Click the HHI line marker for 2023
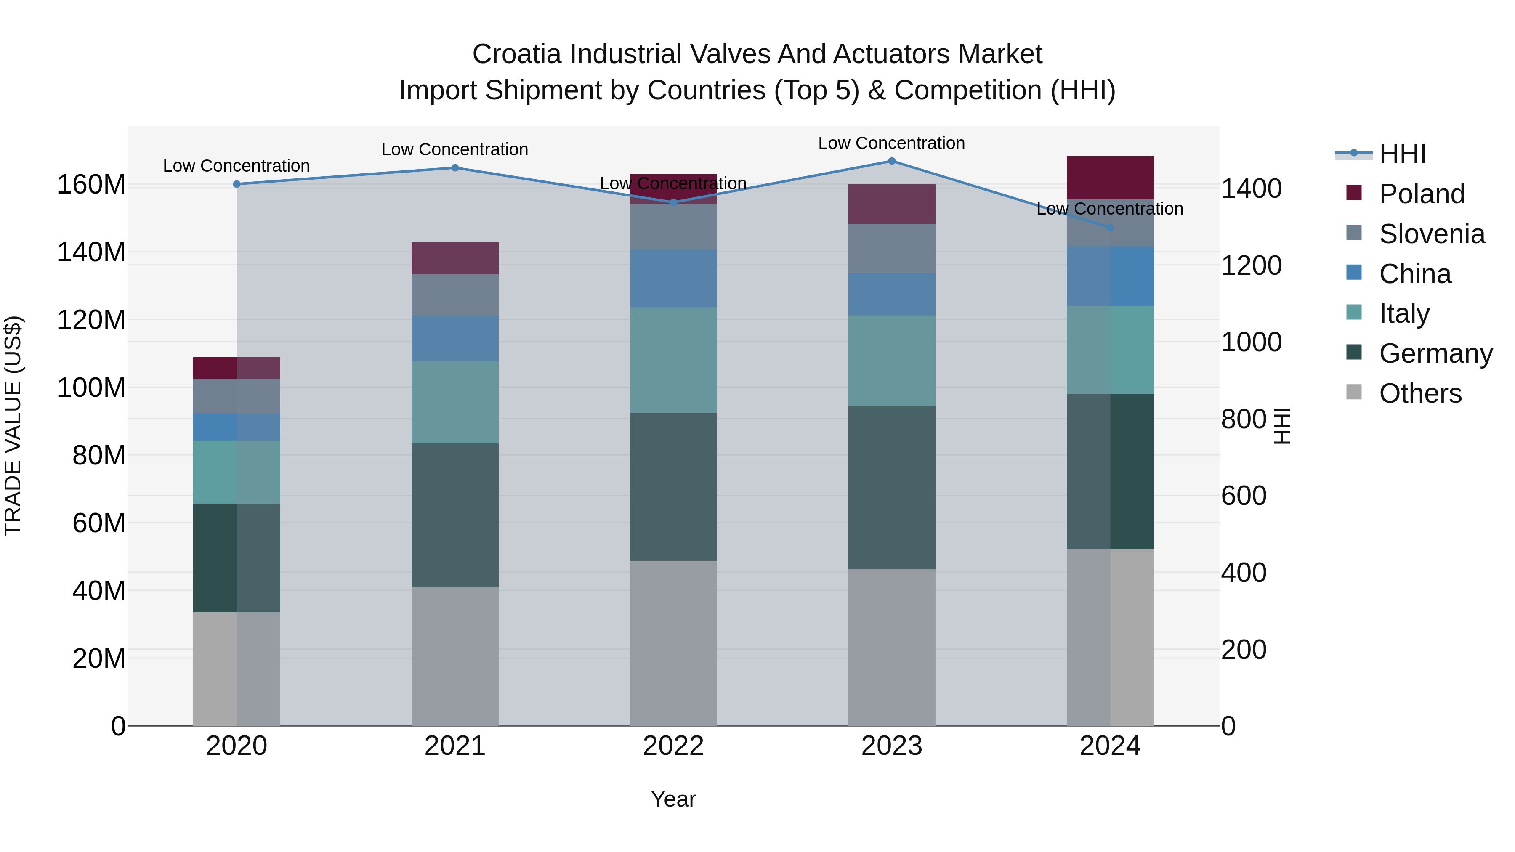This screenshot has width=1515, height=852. point(892,161)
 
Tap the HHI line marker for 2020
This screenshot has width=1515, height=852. point(237,184)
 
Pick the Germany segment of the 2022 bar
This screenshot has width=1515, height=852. point(673,486)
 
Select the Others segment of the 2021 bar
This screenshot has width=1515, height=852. point(454,656)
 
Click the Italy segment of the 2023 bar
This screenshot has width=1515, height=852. point(892,361)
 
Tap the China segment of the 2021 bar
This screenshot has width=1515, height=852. point(454,339)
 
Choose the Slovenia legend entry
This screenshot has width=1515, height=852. point(1432,234)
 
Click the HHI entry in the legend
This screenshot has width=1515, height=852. point(1402,154)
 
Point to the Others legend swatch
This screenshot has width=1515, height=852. point(1354,392)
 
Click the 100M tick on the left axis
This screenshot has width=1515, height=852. point(91,388)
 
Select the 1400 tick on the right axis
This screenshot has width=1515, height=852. point(1251,189)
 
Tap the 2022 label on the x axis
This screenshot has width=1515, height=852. point(673,746)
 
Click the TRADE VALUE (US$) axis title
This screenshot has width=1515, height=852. point(13,426)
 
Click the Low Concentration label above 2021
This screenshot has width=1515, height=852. point(454,149)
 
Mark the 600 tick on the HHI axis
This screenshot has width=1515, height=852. point(1243,496)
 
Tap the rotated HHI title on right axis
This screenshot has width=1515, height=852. point(1282,426)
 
